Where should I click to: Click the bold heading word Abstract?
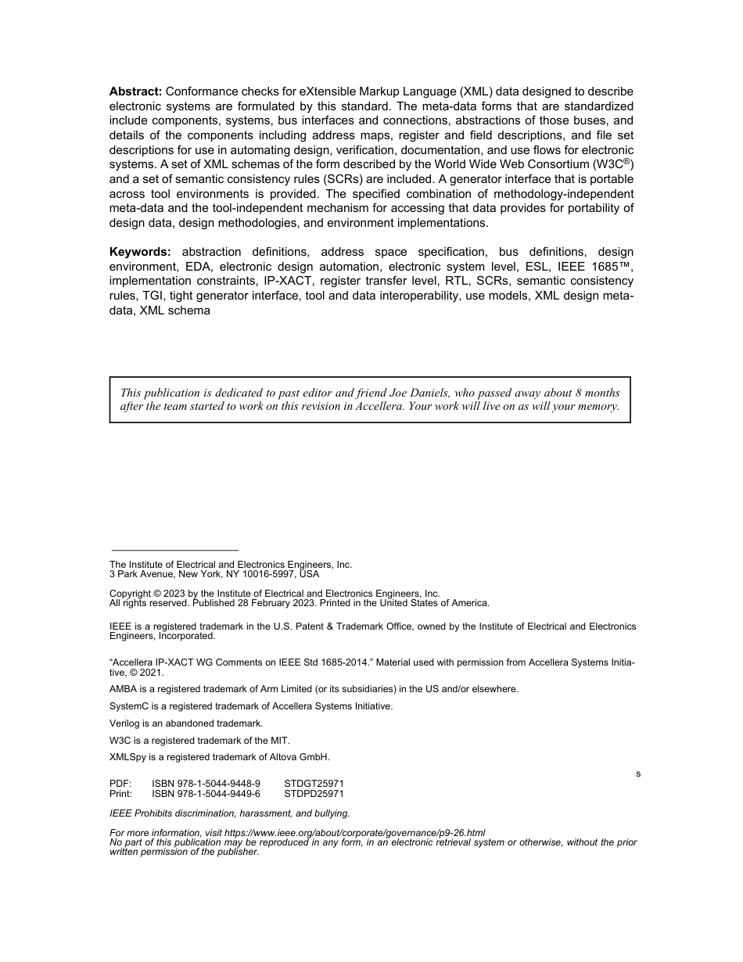pyautogui.click(x=135, y=92)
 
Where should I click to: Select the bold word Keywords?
pyautogui.click(x=140, y=252)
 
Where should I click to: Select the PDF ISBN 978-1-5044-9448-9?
pyautogui.click(x=206, y=783)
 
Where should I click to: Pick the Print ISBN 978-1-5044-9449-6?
pyautogui.click(x=206, y=793)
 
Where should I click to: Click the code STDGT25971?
pyautogui.click(x=314, y=783)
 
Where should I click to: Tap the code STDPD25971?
pyautogui.click(x=314, y=793)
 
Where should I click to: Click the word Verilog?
pyautogui.click(x=124, y=723)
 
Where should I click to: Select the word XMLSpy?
pyautogui.click(x=127, y=757)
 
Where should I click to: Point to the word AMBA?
pyautogui.click(x=123, y=689)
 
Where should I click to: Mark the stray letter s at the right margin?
pyautogui.click(x=638, y=774)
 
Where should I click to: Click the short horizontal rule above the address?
pyautogui.click(x=174, y=551)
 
